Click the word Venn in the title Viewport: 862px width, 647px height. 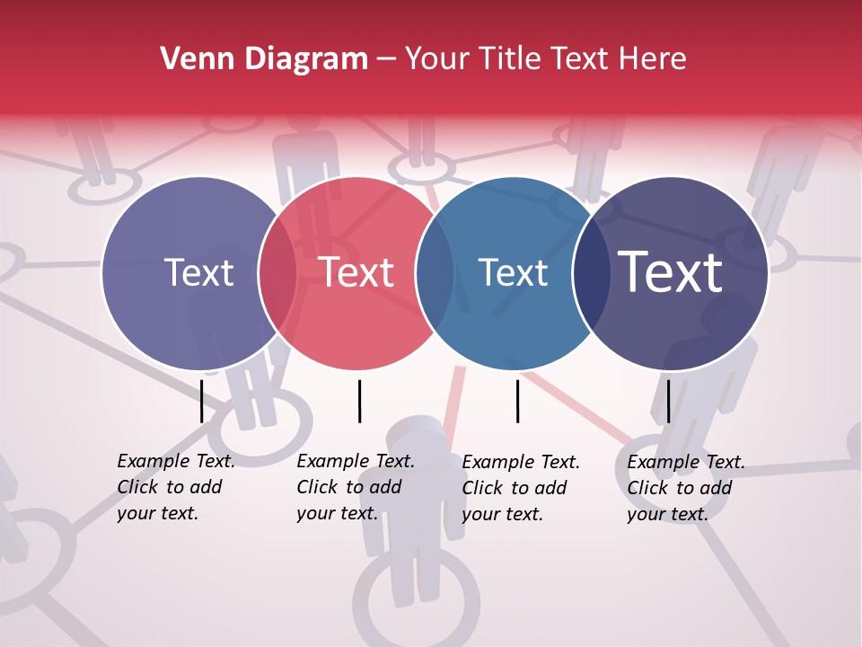[190, 59]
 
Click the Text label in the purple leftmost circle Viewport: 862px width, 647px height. [198, 273]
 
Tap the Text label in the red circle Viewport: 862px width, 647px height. [356, 273]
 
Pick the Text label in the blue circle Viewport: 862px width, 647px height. [513, 273]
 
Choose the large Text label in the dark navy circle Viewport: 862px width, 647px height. [671, 273]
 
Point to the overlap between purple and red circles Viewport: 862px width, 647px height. [277, 273]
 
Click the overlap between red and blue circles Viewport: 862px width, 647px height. [435, 273]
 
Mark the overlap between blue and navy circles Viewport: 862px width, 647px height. [591, 273]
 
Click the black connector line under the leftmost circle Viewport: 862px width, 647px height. [201, 401]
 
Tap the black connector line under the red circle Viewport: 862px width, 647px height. [359, 401]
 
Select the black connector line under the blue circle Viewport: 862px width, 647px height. [517, 401]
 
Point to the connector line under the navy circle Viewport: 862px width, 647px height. [668, 401]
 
